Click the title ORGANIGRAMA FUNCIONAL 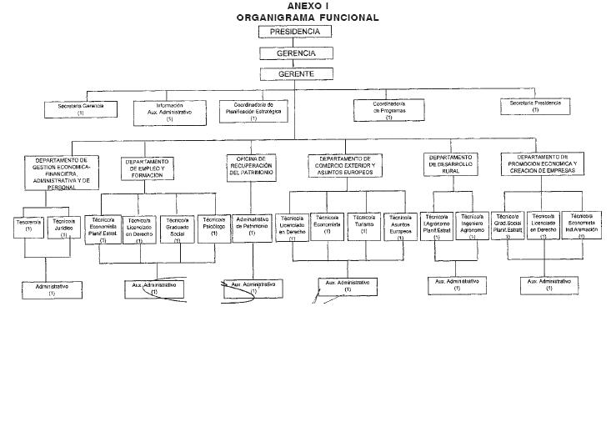[x=307, y=17]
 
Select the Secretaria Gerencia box [x=81, y=108]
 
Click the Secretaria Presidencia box [x=535, y=106]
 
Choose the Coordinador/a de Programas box [x=388, y=110]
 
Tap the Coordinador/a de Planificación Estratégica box [x=254, y=111]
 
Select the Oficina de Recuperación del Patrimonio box [x=251, y=167]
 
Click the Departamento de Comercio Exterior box [x=345, y=165]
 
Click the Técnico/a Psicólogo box [x=214, y=228]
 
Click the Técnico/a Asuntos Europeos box [x=400, y=227]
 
